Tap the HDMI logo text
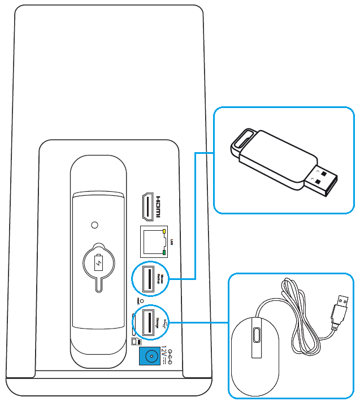tap(159, 208)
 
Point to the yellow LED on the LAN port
tap(164, 231)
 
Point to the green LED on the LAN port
tap(164, 252)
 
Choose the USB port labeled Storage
tap(148, 322)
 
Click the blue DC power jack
tap(150, 356)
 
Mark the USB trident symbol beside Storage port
tap(164, 323)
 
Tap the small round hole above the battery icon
tap(94, 224)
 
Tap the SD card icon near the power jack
tap(135, 342)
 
